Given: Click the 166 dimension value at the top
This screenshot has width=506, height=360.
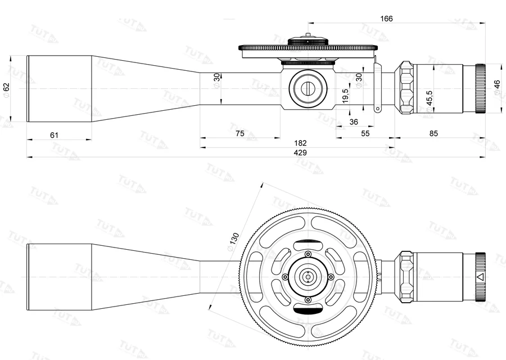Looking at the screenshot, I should click(x=386, y=19).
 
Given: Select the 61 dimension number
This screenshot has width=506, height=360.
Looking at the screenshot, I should click(x=55, y=134).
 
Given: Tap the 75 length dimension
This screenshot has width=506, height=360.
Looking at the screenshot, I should click(x=240, y=133).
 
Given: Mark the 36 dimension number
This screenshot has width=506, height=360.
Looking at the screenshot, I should click(x=354, y=121).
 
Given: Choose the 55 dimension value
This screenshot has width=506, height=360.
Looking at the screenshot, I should click(x=365, y=133).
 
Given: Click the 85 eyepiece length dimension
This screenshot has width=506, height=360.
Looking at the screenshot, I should click(x=433, y=133).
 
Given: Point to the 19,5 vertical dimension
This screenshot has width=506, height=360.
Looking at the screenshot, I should click(x=345, y=94).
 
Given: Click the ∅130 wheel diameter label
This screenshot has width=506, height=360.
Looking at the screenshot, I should click(x=232, y=241).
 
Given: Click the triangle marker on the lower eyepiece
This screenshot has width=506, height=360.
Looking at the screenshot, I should click(x=480, y=277).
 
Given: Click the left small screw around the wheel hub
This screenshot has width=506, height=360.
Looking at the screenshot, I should click(x=285, y=277).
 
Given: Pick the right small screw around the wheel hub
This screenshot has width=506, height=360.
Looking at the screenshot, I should click(x=331, y=277).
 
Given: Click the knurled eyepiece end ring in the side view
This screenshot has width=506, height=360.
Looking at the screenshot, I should click(x=480, y=88).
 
